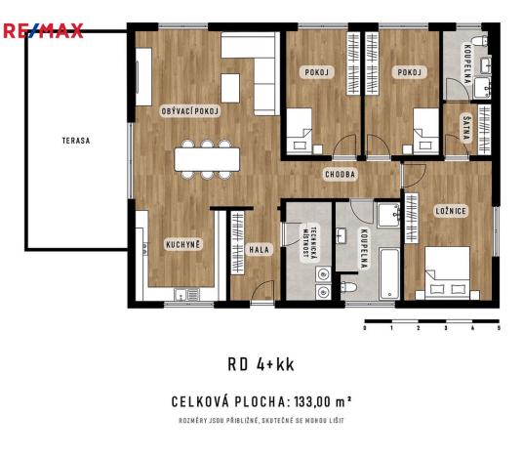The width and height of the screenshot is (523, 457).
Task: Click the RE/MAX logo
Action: click(x=42, y=30)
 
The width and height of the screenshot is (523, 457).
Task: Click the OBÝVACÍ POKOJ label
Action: click(x=190, y=111)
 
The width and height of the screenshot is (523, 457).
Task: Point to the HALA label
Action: click(x=259, y=249)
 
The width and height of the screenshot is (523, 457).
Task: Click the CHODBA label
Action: click(x=341, y=174)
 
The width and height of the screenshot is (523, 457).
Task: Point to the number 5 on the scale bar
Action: click(x=499, y=329)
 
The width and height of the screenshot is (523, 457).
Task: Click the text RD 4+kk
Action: click(x=261, y=364)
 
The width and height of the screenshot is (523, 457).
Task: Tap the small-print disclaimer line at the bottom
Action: click(x=261, y=421)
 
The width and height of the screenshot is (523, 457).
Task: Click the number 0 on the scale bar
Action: click(x=364, y=329)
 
